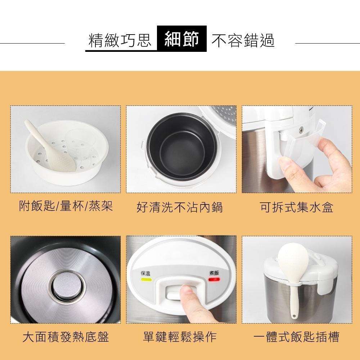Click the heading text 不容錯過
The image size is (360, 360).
(x=243, y=41)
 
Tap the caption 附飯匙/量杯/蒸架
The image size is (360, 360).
(x=66, y=206)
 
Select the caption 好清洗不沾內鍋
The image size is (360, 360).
(x=180, y=207)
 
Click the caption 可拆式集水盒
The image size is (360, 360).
(x=296, y=207)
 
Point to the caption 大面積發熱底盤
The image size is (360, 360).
(x=66, y=337)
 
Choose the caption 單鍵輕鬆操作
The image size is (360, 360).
(x=180, y=337)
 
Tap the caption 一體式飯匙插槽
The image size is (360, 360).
(x=296, y=337)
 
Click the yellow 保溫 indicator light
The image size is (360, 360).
(x=146, y=280)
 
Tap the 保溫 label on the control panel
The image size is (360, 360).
(x=146, y=273)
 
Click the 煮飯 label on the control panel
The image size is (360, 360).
(x=214, y=273)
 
